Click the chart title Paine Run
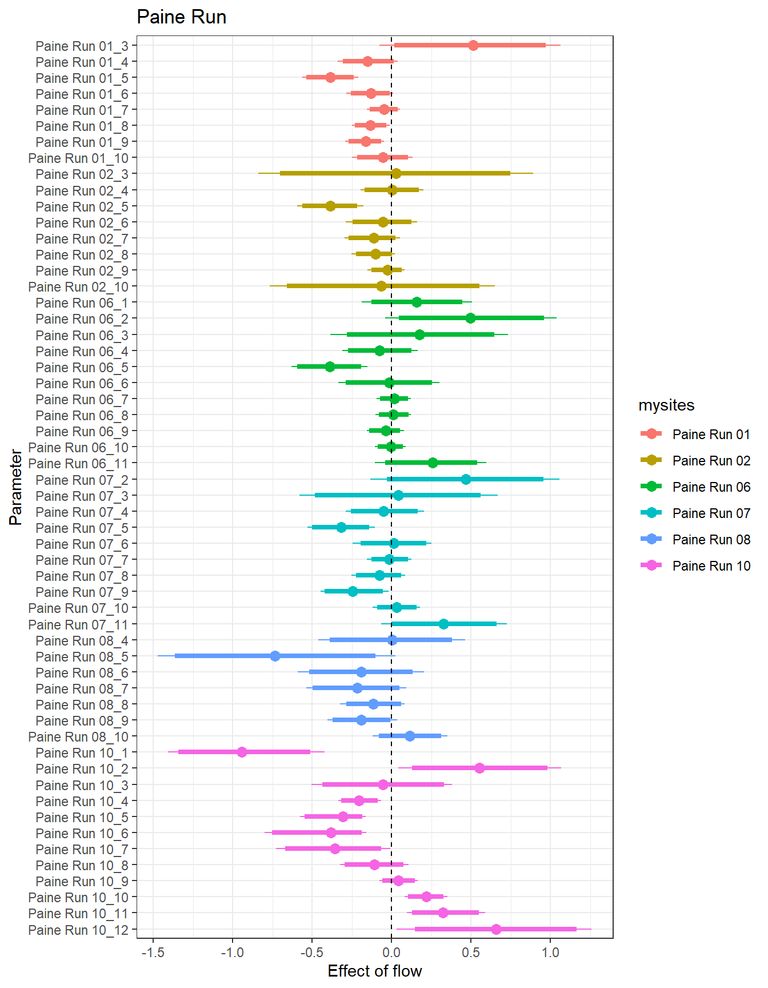181,17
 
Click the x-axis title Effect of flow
374,971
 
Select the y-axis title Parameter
16,487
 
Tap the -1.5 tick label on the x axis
153,953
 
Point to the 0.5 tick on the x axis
470,953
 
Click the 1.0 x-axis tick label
550,953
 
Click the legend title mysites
666,405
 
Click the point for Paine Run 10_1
242,752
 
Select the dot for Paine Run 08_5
275,656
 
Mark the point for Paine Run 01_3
473,46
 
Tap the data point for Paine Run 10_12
496,929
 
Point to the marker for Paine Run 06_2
470,318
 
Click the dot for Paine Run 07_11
443,624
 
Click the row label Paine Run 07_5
82,528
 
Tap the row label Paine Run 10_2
82,769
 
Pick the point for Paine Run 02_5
330,206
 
